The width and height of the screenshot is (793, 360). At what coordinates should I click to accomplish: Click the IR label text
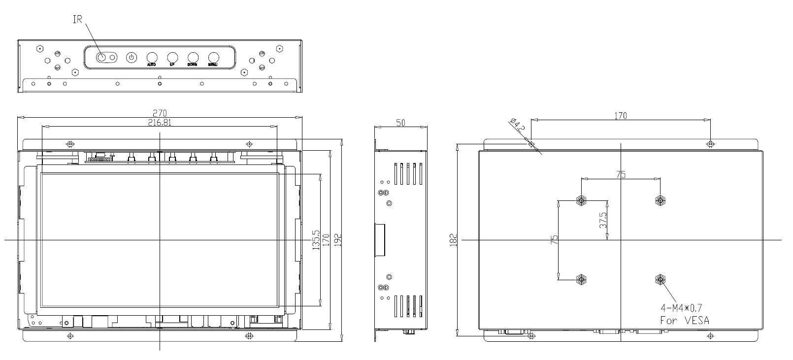pos(77,20)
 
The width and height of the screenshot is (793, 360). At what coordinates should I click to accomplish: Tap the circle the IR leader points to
pos(101,58)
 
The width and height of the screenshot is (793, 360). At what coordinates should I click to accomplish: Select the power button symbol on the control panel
pos(131,58)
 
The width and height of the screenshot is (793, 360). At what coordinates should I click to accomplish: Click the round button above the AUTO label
pos(152,57)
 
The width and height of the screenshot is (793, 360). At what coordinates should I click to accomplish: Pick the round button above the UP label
pos(172,57)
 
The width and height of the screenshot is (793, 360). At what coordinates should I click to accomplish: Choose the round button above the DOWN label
pos(193,57)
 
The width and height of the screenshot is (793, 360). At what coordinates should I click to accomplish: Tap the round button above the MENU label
pos(213,57)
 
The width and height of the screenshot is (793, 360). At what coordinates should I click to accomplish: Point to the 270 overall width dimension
pos(160,113)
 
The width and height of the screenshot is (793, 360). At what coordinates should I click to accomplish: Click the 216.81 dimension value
pos(160,123)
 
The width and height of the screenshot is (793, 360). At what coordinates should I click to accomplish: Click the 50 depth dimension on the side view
pos(400,123)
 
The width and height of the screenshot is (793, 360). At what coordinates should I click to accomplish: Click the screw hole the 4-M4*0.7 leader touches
pos(660,280)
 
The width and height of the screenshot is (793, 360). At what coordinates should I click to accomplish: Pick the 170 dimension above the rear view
pos(621,116)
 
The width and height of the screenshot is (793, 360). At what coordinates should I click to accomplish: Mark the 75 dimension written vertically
pos(554,240)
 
